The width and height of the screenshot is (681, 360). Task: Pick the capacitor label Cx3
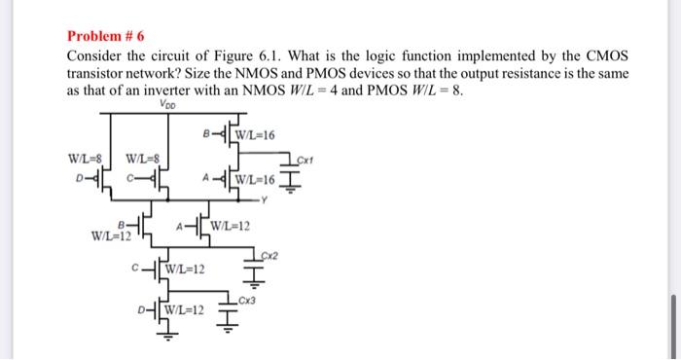[247, 299]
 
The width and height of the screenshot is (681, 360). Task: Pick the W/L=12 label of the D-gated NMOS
[185, 310]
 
